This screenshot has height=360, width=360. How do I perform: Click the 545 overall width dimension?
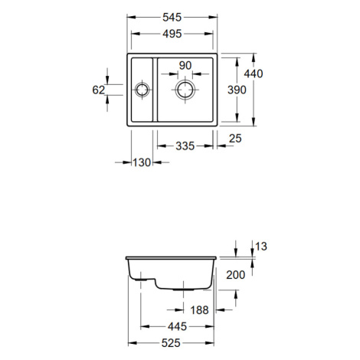172,18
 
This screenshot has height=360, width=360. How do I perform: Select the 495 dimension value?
172,34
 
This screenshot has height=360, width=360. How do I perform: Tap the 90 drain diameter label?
185,66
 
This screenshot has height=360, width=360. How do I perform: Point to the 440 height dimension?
254,74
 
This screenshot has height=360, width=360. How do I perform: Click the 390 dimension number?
237,90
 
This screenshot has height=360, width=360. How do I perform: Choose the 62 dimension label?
99,90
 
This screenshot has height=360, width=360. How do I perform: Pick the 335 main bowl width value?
185,146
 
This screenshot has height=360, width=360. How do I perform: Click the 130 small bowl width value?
142,162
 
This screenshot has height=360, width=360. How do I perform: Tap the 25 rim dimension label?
235,139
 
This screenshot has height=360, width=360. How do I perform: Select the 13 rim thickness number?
261,247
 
